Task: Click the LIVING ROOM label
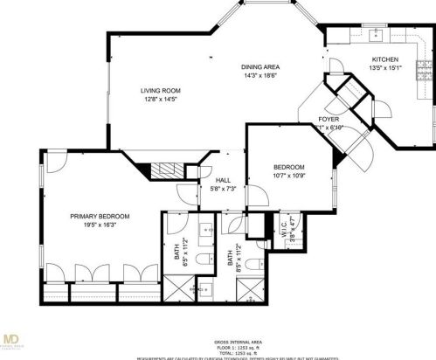click(160, 90)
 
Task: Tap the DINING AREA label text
click(260, 66)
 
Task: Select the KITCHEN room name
click(384, 60)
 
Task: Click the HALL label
click(223, 179)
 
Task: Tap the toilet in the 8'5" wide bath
click(252, 262)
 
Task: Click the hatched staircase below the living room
click(163, 170)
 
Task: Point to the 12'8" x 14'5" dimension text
click(160, 99)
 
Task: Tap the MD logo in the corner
click(12, 339)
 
